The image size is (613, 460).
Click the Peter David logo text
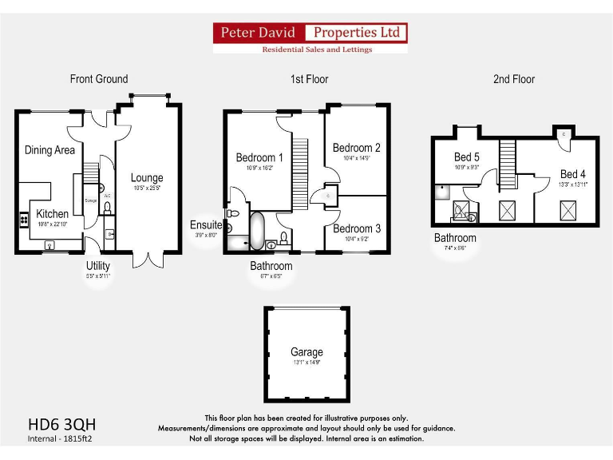coord(259,33)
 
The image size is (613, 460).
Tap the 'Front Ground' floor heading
coord(99,79)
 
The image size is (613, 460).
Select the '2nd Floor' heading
coord(513,79)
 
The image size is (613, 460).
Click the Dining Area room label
coord(49,150)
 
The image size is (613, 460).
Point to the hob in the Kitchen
coord(22,219)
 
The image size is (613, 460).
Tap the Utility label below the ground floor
coord(98,266)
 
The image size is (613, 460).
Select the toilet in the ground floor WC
coord(107,209)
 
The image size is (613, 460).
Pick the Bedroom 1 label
coord(259,158)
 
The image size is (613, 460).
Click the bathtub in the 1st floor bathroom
coord(259,231)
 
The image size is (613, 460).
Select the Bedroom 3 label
coord(357,228)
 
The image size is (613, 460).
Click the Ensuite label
coord(205,225)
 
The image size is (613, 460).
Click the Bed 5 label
coord(467,157)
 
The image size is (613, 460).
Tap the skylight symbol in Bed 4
coord(568,211)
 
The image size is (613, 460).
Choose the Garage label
coord(306,352)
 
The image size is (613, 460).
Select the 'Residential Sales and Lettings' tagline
coord(317,50)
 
